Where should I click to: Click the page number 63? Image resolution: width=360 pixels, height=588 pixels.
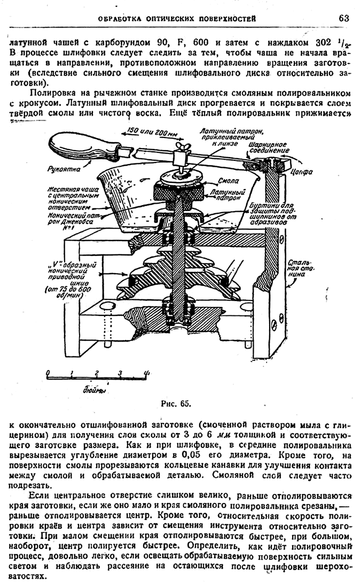tap(343, 18)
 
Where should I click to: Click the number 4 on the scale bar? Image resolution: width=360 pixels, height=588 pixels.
tap(145, 373)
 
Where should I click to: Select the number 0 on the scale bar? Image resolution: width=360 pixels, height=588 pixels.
tap(48, 373)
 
